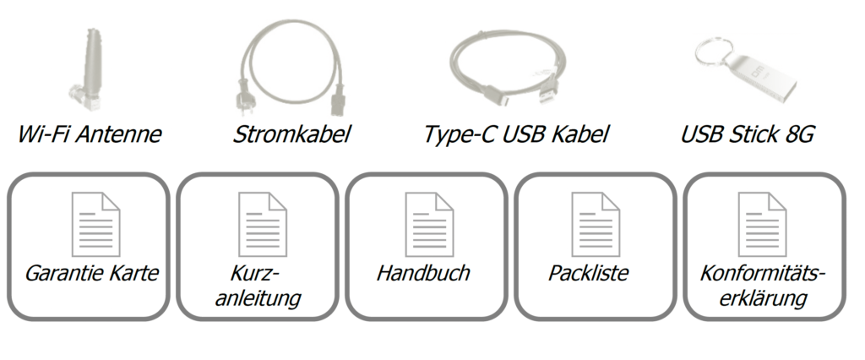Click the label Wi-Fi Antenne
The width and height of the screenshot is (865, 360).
click(90, 134)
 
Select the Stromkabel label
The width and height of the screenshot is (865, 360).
click(291, 134)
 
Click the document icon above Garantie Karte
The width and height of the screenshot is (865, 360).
click(95, 224)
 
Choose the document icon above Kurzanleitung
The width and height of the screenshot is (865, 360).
click(262, 224)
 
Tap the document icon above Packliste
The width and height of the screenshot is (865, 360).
click(596, 224)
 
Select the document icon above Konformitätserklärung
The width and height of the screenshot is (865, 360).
click(762, 224)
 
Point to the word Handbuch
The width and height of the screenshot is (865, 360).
click(423, 273)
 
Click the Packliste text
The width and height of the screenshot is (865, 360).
click(588, 273)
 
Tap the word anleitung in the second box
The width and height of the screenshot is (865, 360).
click(258, 298)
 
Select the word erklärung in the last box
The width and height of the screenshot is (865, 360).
click(764, 298)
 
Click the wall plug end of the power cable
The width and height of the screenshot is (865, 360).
click(242, 104)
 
